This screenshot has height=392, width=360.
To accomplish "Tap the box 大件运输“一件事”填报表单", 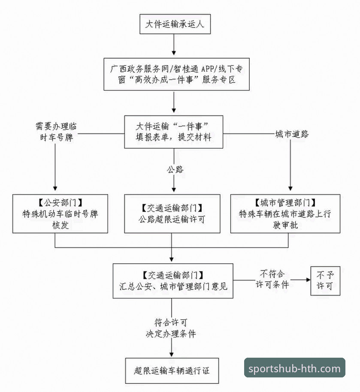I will click(174, 132).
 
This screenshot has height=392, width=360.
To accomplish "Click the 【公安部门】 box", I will click(60, 213).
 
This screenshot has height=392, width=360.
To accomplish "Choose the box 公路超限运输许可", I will click(172, 213).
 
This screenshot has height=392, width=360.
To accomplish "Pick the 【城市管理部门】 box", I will click(285, 213).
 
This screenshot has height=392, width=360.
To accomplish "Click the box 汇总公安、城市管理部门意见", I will click(173, 280).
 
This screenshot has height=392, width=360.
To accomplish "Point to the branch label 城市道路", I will click(292, 134).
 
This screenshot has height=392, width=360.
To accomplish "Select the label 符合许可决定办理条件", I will click(172, 328).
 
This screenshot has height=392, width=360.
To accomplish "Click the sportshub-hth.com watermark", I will click(294, 368).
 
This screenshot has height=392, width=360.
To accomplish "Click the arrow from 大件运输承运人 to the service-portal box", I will click(174, 45).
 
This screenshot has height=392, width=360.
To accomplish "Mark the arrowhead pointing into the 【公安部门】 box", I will click(55, 188).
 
